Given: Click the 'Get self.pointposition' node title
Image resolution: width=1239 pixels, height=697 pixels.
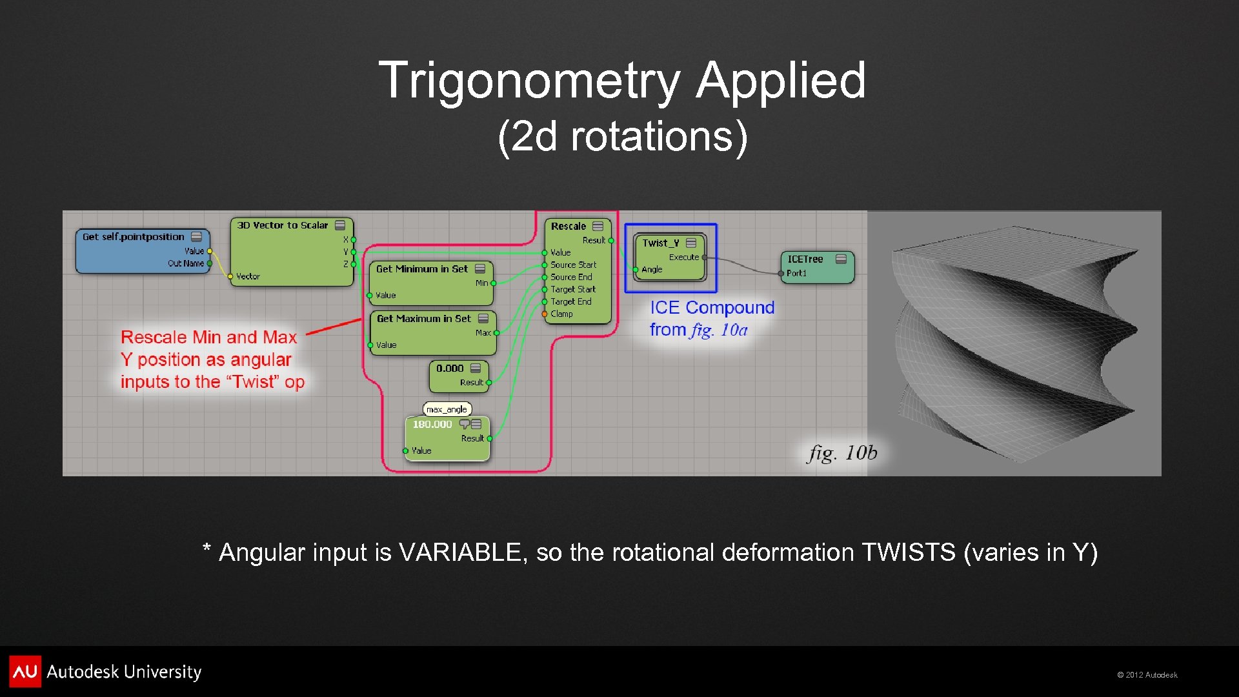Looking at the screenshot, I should coord(133,237).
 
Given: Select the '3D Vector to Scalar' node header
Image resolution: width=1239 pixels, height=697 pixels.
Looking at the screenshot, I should coord(282,225).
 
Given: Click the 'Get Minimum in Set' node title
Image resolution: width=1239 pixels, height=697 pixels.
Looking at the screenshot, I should coord(421,269).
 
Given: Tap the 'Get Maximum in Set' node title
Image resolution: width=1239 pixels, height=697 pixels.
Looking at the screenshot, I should coord(423,319).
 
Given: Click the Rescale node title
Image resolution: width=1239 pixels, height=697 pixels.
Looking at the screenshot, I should coord(568,227).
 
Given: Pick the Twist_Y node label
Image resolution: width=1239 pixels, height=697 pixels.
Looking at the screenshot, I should coord(660,243).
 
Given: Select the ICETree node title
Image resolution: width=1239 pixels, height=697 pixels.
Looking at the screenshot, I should coord(805,259).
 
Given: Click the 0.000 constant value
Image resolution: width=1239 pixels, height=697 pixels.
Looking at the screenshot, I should coord(449,369).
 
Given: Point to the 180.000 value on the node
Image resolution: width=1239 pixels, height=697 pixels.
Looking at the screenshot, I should coord(432,425).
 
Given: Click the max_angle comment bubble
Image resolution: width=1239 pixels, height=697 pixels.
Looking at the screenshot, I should coord(447,409).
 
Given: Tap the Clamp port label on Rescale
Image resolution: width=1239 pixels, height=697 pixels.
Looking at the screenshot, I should coord(561,314).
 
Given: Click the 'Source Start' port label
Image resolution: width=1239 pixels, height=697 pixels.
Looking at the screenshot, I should coord(573,265).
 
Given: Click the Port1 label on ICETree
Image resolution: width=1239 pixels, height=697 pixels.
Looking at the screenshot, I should coord(796,274).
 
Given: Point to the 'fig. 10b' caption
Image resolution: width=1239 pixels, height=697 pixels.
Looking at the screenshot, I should coord(842,453).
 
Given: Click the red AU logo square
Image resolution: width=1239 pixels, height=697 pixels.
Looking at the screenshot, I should coord(25,672).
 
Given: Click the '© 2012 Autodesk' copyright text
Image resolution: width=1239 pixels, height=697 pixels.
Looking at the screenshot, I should coord(1147,675).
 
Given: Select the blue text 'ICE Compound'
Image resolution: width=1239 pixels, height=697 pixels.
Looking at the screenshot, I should coord(711,308).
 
